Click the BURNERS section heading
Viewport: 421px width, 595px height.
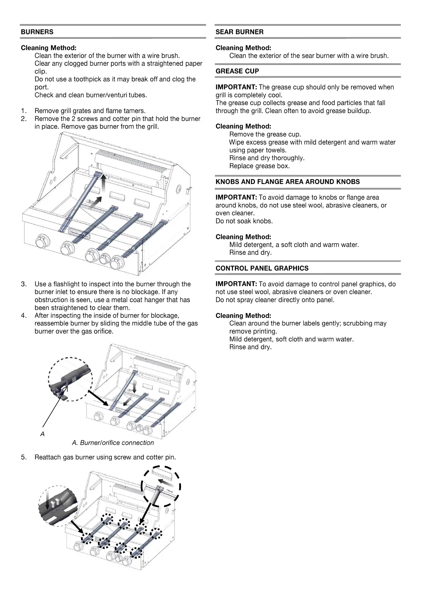37,32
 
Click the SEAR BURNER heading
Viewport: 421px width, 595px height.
239,32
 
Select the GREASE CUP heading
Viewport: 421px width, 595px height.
237,71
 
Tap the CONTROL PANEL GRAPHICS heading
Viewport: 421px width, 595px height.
262,268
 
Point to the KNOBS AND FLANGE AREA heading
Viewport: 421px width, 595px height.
287,182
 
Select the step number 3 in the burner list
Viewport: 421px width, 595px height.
24,284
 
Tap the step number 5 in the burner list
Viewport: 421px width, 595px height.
24,457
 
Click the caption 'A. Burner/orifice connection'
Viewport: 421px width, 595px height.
113,443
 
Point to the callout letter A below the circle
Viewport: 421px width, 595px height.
42,434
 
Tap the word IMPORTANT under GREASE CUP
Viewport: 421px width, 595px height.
236,87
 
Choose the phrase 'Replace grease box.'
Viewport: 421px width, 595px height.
259,166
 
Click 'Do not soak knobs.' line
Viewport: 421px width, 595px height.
244,221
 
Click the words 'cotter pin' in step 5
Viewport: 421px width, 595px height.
160,457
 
